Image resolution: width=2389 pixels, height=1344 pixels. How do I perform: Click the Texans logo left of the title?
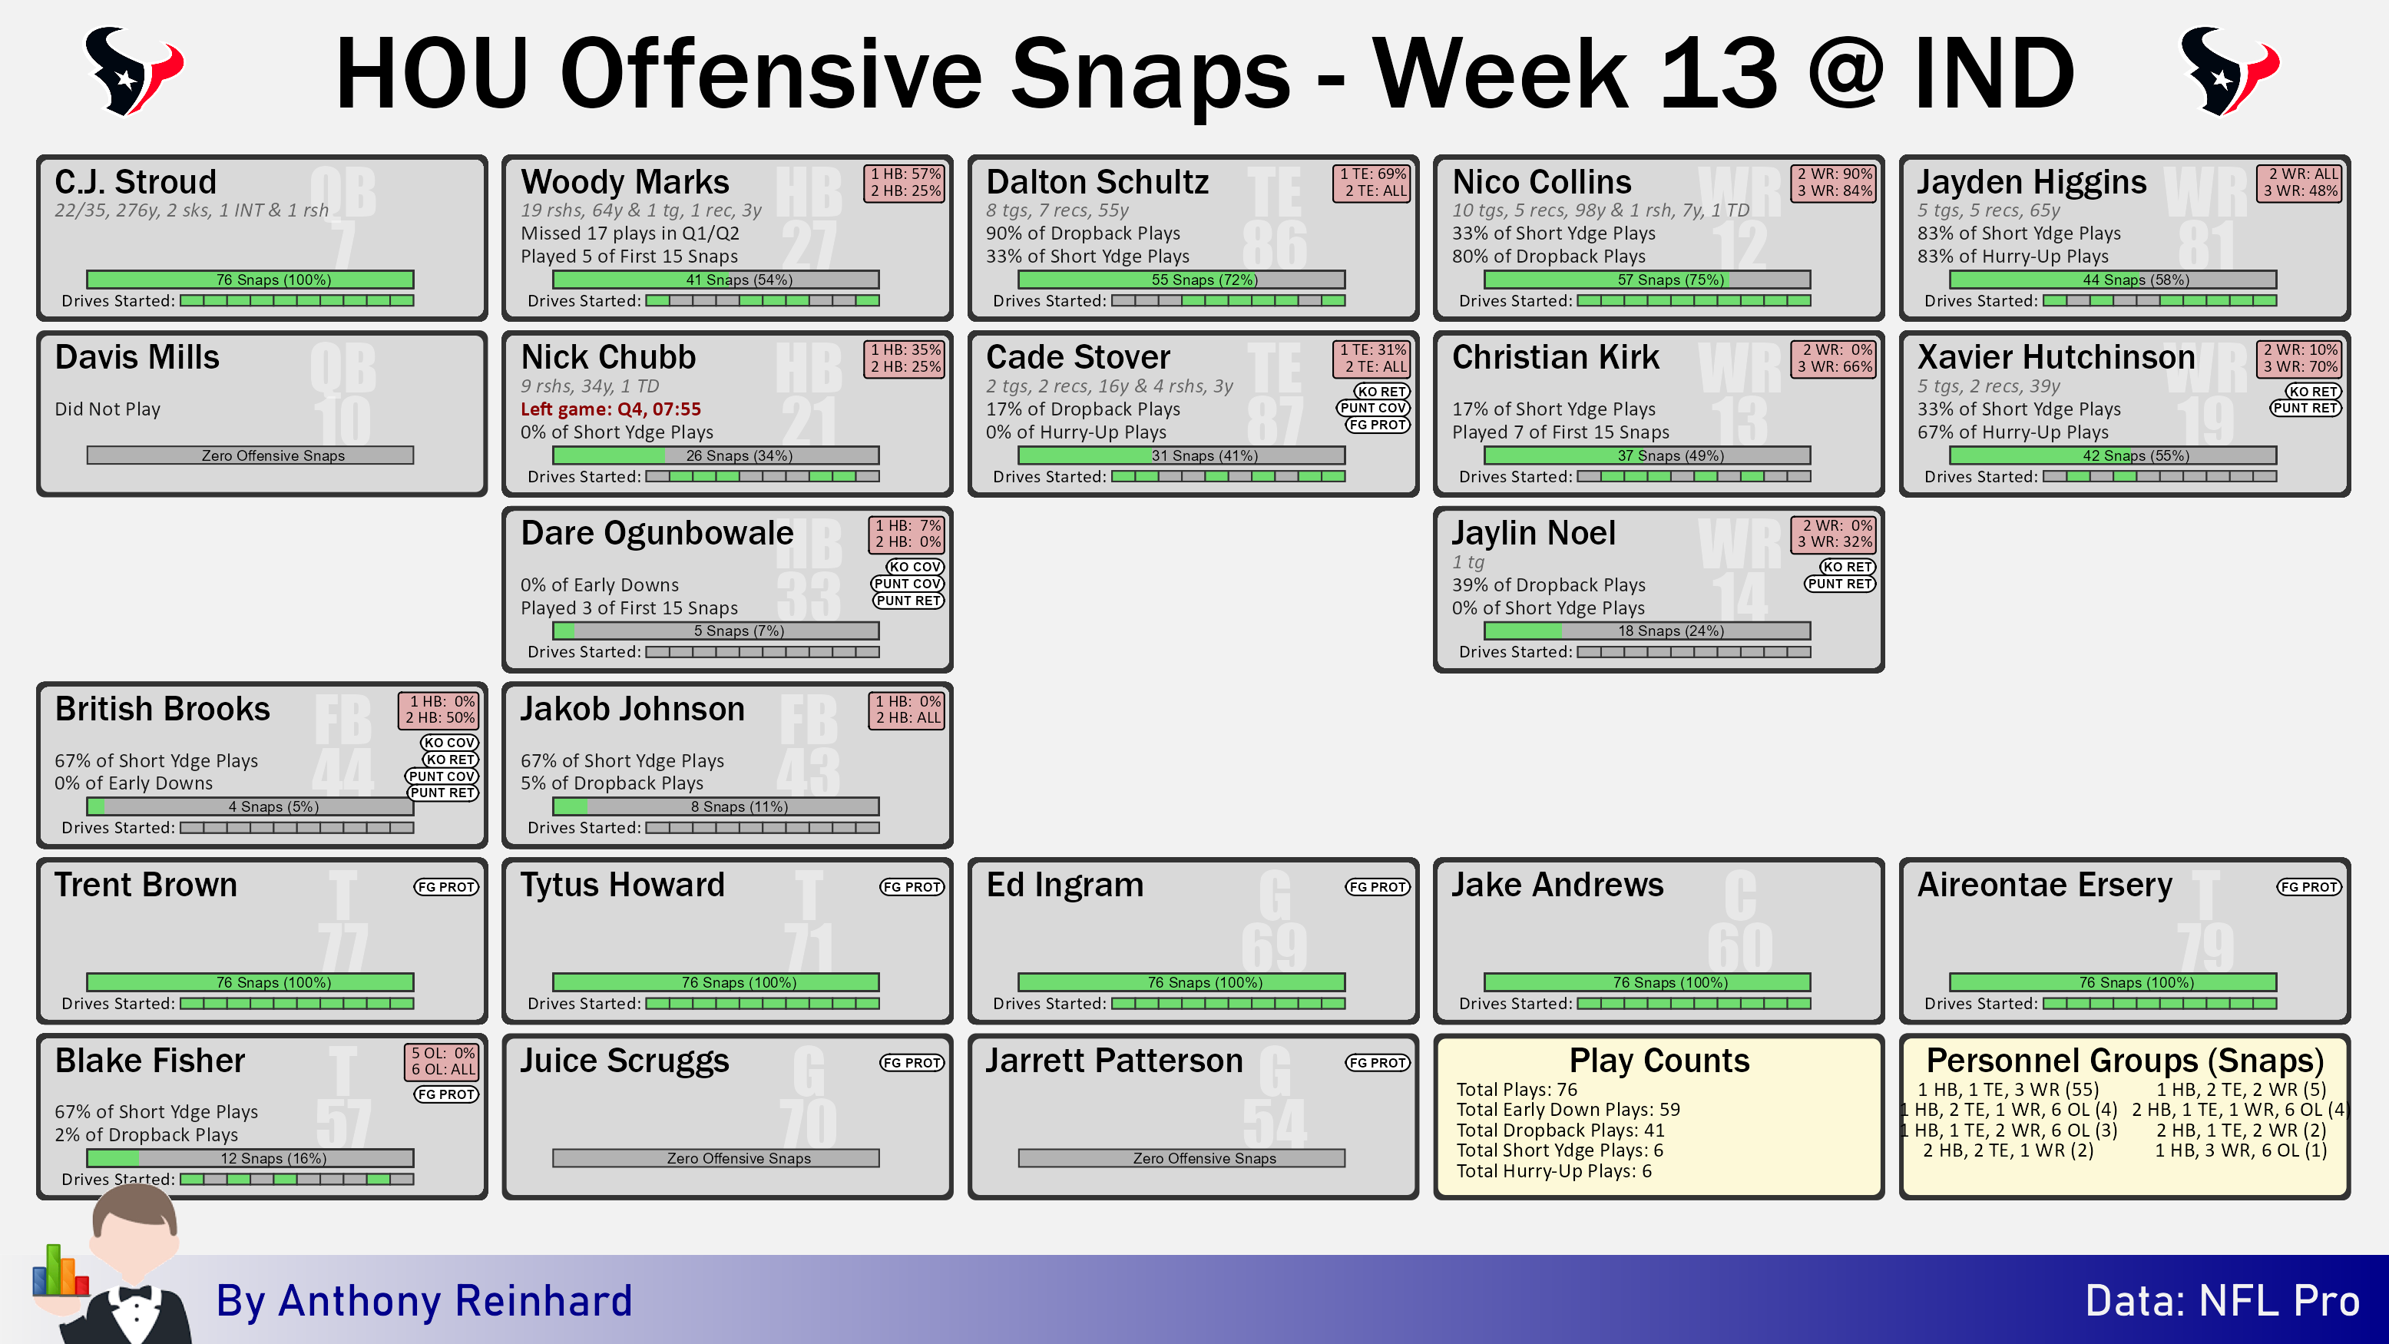pos(134,71)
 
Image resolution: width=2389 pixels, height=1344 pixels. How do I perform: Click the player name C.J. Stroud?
pos(135,181)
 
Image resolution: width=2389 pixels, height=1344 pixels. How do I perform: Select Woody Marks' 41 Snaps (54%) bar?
pos(716,280)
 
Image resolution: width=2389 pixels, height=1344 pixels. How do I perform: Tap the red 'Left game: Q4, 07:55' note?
pos(610,409)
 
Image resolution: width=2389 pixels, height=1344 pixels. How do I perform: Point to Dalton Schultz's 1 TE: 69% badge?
pos(1372,174)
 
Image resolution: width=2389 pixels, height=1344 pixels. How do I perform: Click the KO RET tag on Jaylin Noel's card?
pos(1848,567)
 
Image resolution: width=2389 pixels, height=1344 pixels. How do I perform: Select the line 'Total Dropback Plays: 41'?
pos(1560,1130)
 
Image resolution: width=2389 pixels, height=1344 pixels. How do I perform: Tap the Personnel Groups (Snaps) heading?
pos(2125,1060)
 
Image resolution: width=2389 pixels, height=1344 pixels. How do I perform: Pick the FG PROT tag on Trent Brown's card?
pos(446,887)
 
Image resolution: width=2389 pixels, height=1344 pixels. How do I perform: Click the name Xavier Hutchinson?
pos(2056,357)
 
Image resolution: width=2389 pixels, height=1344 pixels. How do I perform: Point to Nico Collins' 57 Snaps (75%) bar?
pos(1647,280)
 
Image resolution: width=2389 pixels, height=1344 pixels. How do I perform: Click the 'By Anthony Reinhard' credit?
pos(424,1300)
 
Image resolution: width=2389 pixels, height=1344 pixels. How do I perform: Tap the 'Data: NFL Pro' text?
pos(2222,1300)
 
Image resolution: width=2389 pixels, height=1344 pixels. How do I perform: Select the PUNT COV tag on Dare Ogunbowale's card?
pos(907,584)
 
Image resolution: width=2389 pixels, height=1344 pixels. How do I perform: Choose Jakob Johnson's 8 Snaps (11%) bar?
pos(716,807)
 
